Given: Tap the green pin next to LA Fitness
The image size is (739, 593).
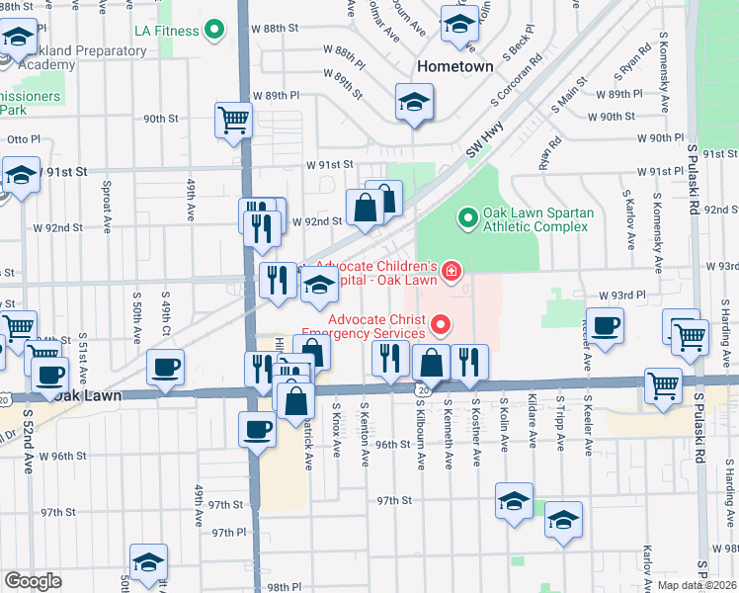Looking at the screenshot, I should pos(214,31).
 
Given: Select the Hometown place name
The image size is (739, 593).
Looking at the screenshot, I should pos(454,66).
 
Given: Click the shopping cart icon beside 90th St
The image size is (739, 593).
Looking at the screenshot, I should pos(233,121).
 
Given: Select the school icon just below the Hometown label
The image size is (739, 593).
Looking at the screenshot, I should pos(415,101).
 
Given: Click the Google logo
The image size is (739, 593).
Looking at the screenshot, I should pos(33,580).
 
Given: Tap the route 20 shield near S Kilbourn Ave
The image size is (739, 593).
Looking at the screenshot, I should pos(422,391).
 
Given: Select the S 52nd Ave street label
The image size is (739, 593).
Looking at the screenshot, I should pos(27,435).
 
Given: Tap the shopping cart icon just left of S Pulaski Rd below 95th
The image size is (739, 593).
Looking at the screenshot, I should pos(663,384).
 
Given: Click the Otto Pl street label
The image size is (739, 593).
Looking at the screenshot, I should pos(23,139).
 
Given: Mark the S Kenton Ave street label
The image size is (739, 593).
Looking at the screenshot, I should pos(366,428).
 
